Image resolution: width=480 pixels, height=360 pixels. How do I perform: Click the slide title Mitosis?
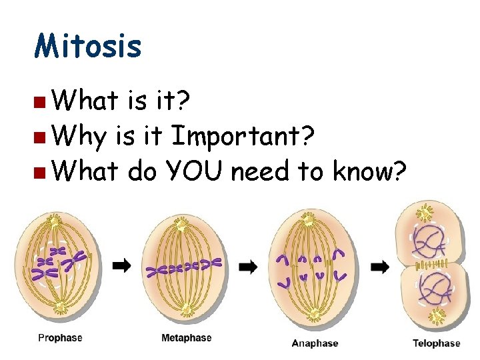point(88,47)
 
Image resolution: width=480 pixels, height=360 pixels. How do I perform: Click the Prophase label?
point(60,338)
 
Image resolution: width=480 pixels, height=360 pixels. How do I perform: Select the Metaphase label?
point(186,338)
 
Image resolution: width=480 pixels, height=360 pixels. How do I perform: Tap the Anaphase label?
point(315,343)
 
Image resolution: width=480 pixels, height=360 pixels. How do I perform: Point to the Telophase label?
point(436,343)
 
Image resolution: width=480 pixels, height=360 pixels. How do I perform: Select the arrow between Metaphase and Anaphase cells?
point(248,267)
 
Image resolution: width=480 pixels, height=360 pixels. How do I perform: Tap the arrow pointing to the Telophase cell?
point(380,267)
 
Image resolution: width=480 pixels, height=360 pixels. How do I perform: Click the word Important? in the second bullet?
point(243,137)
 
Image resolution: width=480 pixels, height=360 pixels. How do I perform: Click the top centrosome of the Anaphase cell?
point(308,219)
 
